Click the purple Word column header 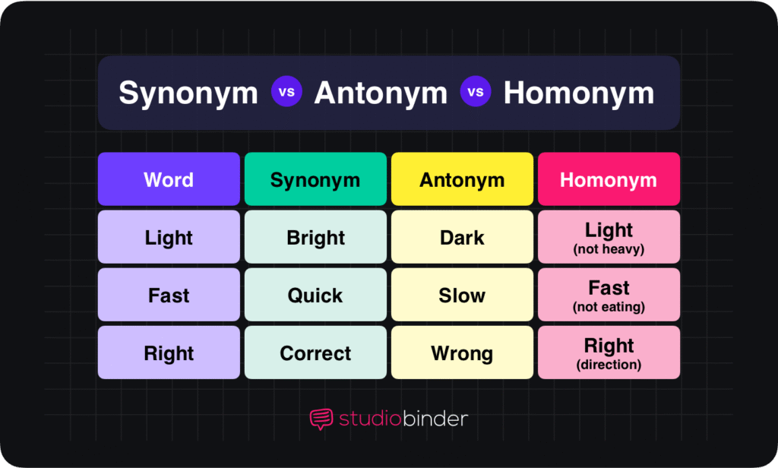click(x=169, y=179)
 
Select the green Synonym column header click(x=315, y=179)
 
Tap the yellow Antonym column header click(x=462, y=179)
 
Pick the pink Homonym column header click(x=609, y=179)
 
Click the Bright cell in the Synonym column click(x=315, y=238)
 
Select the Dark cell click(x=462, y=238)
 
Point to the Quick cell click(x=315, y=296)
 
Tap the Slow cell click(x=462, y=296)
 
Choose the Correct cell click(x=315, y=353)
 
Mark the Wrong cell click(x=462, y=353)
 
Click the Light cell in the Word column click(x=169, y=238)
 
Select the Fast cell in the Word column click(x=169, y=296)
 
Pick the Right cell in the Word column click(x=169, y=353)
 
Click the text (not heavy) click(x=609, y=249)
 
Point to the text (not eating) click(x=609, y=307)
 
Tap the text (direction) click(x=609, y=365)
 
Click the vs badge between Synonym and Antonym click(x=286, y=93)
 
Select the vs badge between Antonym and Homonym click(x=476, y=93)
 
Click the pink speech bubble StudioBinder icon click(x=321, y=419)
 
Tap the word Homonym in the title click(x=578, y=93)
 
